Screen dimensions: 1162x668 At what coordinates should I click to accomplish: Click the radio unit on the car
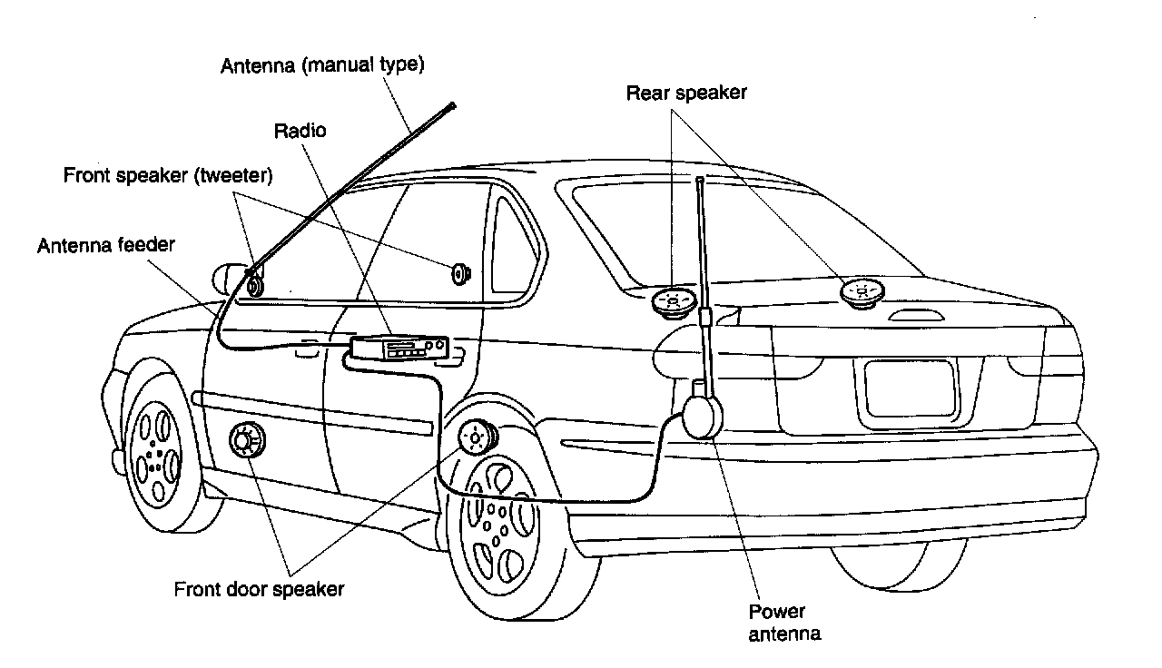[x=399, y=348]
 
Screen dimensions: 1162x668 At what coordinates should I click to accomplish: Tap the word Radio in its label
[x=300, y=131]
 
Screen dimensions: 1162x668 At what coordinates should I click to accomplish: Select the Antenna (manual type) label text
[x=322, y=66]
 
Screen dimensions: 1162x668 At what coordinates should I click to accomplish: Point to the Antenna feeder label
[x=106, y=245]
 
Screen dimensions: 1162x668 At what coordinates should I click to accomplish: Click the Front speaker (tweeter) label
[x=168, y=175]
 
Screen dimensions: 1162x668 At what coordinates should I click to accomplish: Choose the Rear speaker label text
[x=686, y=93]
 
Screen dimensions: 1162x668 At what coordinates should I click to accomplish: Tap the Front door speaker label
[x=259, y=589]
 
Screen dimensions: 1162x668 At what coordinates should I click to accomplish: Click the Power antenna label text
[x=784, y=623]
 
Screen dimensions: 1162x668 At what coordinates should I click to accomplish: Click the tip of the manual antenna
[x=452, y=105]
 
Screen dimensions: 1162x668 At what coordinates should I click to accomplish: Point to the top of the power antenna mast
[x=700, y=180]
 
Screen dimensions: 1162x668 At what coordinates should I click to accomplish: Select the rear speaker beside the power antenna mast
[x=674, y=303]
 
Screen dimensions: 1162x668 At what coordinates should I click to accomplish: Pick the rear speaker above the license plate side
[x=862, y=293]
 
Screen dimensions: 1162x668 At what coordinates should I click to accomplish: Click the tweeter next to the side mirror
[x=255, y=286]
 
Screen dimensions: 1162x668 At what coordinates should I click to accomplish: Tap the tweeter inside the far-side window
[x=459, y=274]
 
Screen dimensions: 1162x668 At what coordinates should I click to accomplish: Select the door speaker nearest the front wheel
[x=247, y=440]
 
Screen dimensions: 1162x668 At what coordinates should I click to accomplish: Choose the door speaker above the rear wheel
[x=478, y=437]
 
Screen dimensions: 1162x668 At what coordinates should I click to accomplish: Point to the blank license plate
[x=910, y=388]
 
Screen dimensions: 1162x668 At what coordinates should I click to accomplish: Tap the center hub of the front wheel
[x=154, y=456]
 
